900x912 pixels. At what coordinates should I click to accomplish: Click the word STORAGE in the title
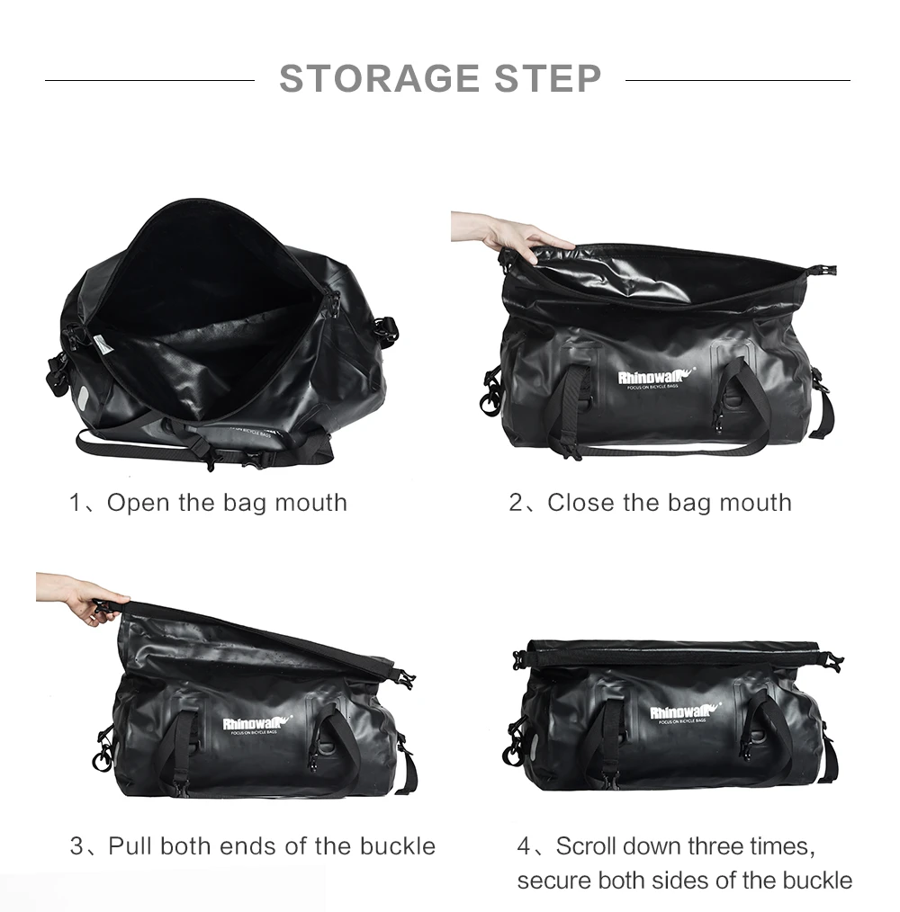(x=379, y=79)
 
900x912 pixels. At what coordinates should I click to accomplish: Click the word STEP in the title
(x=547, y=79)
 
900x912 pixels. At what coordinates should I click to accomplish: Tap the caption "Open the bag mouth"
(x=227, y=502)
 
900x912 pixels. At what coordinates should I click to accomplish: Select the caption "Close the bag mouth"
(x=669, y=502)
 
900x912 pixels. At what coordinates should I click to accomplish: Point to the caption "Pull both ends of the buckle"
(x=271, y=846)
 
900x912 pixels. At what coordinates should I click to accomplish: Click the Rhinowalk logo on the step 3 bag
(x=257, y=722)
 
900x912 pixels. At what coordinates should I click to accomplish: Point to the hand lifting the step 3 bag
(x=85, y=597)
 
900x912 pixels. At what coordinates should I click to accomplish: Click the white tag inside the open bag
(x=102, y=344)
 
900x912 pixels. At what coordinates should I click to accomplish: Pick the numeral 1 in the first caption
(x=76, y=502)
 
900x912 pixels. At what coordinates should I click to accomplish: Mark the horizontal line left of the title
(x=149, y=80)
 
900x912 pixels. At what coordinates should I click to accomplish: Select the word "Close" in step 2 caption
(x=576, y=502)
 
